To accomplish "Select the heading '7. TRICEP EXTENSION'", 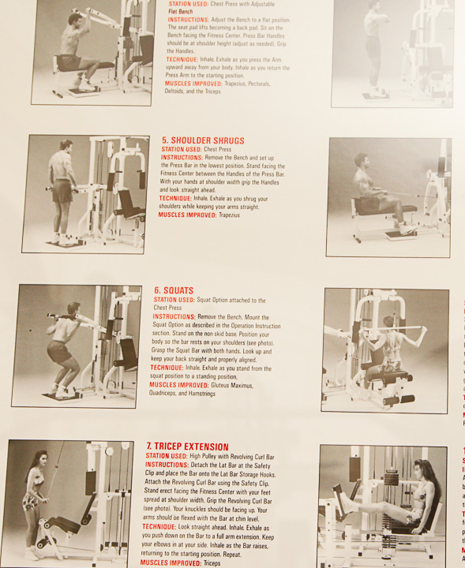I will point(187,447).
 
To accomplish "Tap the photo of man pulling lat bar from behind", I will point(384,349).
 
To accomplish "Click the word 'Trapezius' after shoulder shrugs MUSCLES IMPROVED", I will point(234,215).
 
